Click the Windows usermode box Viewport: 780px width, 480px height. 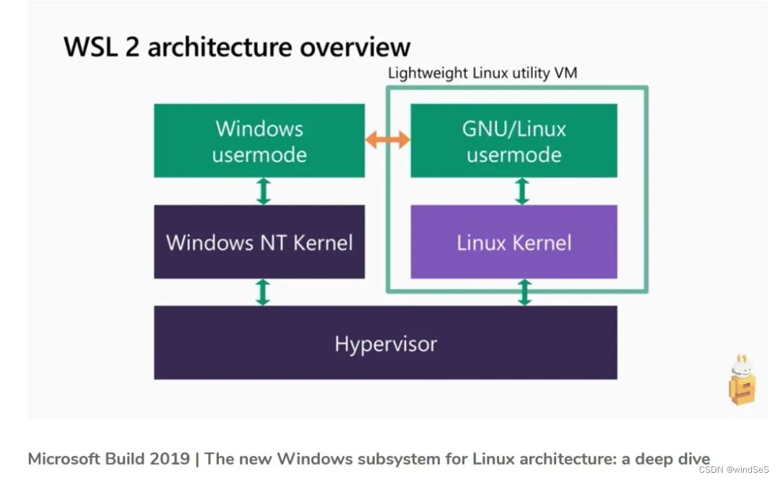point(259,141)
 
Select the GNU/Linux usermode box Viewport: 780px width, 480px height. point(513,141)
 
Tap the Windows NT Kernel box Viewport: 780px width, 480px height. point(259,242)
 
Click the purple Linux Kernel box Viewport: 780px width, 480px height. point(513,242)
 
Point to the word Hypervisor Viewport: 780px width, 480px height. point(386,344)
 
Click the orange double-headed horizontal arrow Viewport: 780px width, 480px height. point(388,141)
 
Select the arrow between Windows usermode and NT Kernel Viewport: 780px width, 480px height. point(264,191)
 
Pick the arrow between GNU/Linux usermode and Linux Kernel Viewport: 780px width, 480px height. point(522,191)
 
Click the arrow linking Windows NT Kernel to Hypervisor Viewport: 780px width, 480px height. point(264,292)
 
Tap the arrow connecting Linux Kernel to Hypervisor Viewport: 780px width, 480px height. point(525,292)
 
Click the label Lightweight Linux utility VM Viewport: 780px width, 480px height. point(482,73)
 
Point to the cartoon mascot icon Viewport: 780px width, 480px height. point(741,380)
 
